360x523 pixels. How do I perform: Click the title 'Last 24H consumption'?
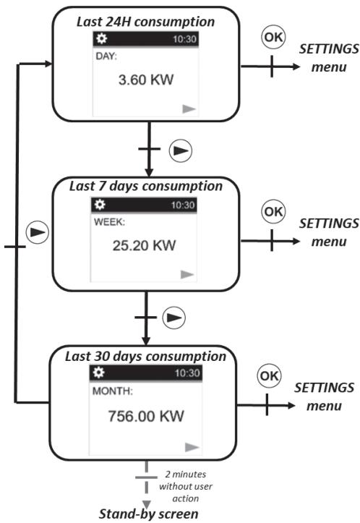[147, 21]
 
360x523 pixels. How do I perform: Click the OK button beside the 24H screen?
[275, 38]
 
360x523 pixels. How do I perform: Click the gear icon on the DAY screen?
[100, 38]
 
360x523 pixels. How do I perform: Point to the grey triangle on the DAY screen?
[189, 108]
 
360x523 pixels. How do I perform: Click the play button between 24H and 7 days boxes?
[179, 150]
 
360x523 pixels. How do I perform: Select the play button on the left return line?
[37, 234]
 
